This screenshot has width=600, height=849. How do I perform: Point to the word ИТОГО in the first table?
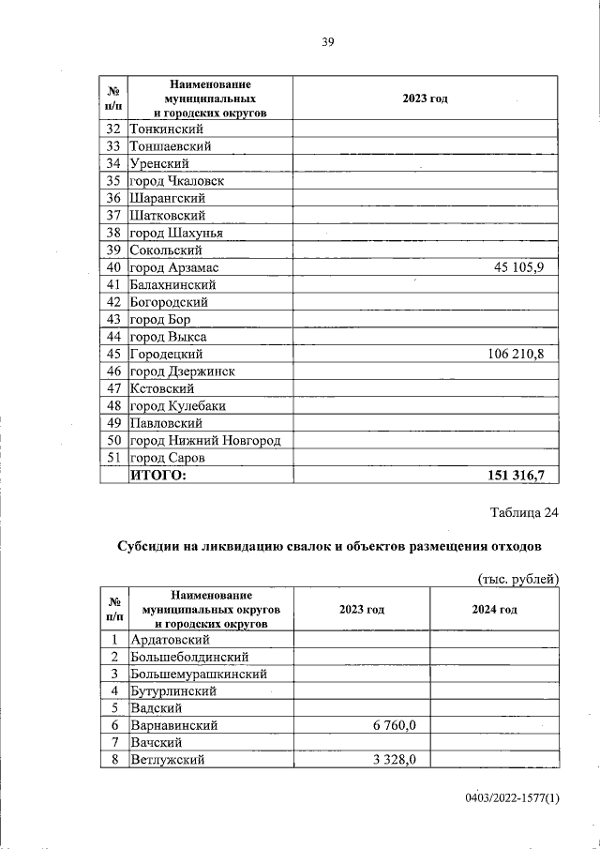point(157,476)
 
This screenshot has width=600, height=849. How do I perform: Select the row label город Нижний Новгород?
point(205,441)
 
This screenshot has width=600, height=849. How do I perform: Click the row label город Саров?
point(167,458)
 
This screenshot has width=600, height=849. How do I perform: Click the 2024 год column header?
point(494,609)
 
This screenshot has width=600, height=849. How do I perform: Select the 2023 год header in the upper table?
point(426,99)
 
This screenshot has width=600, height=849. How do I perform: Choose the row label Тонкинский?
point(168,129)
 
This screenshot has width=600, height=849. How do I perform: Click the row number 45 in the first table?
point(114,355)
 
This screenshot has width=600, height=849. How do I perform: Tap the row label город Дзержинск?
point(182,371)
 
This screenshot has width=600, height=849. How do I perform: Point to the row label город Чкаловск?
point(176,181)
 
